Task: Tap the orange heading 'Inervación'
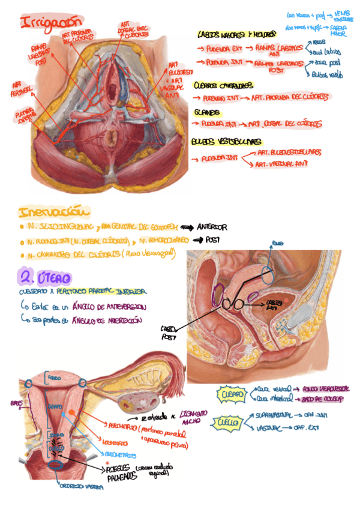(x=55, y=212)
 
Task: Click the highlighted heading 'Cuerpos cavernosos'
(x=223, y=86)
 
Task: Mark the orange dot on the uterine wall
(x=72, y=412)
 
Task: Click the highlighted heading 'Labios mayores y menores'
(x=236, y=35)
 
